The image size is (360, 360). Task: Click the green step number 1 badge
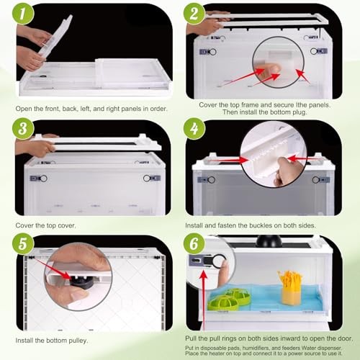[x=23, y=14]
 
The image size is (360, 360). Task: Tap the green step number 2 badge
[x=194, y=13]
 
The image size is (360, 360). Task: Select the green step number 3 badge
[x=23, y=129]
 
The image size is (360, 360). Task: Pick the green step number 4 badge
[x=194, y=129]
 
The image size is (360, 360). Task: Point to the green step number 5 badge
[x=23, y=243]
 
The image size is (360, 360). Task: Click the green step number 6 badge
[x=194, y=243]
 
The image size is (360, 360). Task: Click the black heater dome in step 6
[x=269, y=241]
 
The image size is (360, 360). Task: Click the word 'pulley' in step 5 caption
[x=77, y=341]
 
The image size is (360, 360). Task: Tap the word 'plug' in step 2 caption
[x=299, y=112]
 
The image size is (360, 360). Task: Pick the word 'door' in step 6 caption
[x=344, y=338]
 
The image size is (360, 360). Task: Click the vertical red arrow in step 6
[x=204, y=300]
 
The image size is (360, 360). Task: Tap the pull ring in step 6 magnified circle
[x=220, y=261]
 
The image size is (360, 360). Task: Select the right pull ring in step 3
[x=147, y=179]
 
